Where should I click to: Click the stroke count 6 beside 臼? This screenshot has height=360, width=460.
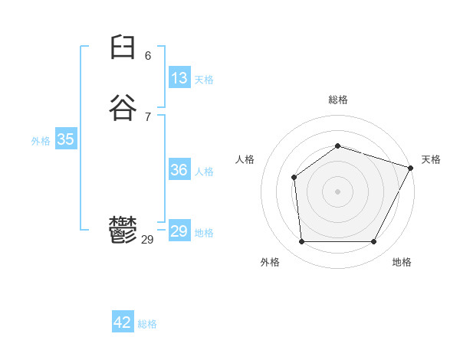[148, 56]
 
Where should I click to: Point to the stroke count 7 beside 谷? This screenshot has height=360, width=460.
[148, 116]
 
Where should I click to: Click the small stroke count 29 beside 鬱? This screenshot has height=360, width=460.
[148, 240]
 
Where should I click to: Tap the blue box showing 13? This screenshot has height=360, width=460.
[179, 78]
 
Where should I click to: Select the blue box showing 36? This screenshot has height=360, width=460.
[179, 170]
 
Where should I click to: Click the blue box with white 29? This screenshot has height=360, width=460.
[179, 231]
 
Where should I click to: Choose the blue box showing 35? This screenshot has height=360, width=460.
[65, 139]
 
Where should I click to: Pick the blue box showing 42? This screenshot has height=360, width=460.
[123, 322]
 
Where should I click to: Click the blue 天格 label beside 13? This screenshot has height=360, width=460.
[204, 80]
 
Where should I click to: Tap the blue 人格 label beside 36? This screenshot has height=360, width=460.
[204, 172]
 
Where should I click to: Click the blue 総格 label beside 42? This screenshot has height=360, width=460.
[147, 324]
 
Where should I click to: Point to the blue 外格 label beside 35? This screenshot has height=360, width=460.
[41, 141]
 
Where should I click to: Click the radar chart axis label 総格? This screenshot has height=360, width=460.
[337, 100]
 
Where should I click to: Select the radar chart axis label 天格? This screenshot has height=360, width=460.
[431, 159]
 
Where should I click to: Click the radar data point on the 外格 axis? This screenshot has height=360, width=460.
[301, 242]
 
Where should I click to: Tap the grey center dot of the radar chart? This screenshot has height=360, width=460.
[337, 191]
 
